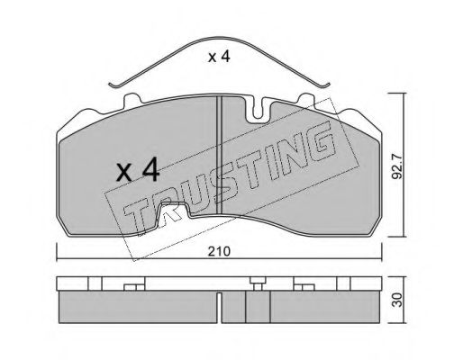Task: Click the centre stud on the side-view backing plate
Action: pyautogui.click(x=258, y=285)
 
